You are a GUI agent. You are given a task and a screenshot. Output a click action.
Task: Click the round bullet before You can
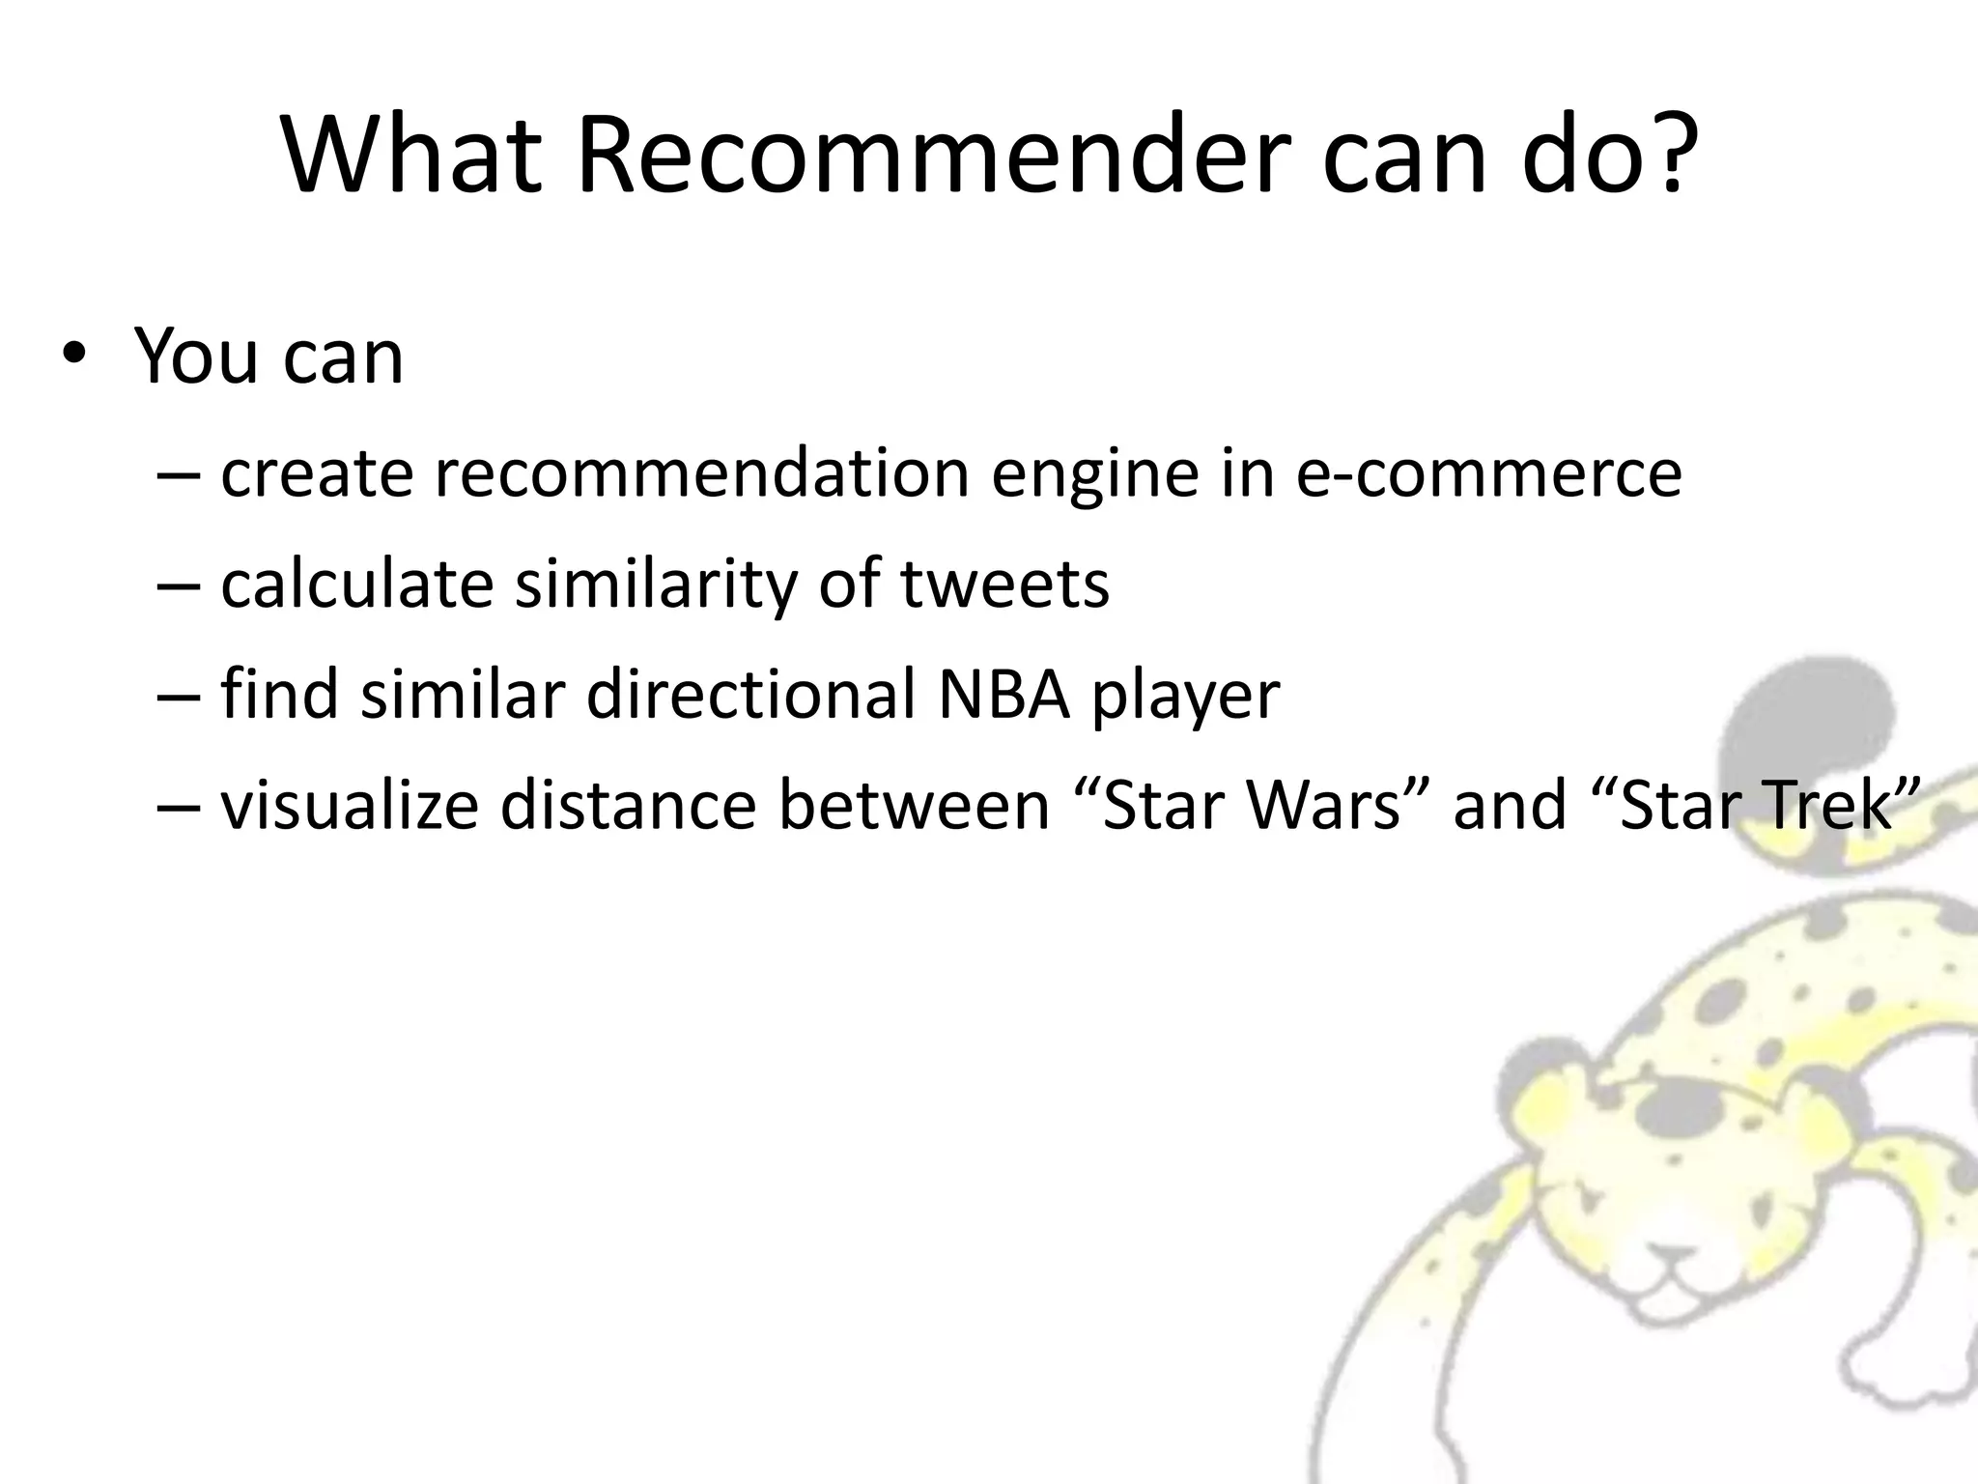coord(73,355)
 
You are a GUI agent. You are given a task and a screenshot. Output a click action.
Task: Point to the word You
coord(198,357)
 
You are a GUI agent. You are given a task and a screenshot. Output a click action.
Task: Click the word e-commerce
coord(1488,473)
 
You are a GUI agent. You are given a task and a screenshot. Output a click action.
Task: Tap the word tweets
coord(1004,585)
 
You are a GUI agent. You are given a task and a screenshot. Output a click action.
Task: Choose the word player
coord(1186,696)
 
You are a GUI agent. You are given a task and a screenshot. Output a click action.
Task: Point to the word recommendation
coord(701,473)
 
